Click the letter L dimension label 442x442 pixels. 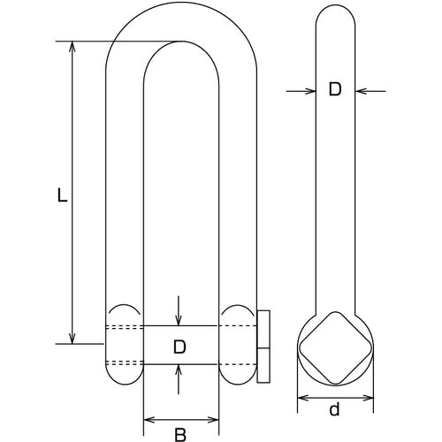pyautogui.click(x=62, y=195)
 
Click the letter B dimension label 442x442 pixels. pyautogui.click(x=180, y=435)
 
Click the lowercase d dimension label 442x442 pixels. pyautogui.click(x=334, y=409)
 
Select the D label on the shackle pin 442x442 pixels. pyautogui.click(x=179, y=347)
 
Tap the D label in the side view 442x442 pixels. pyautogui.click(x=335, y=89)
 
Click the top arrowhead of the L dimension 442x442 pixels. pyautogui.click(x=72, y=47)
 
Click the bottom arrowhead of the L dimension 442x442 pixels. pyautogui.click(x=72, y=339)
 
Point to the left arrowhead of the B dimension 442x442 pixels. pyautogui.click(x=149, y=420)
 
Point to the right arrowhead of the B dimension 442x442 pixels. pyautogui.click(x=213, y=420)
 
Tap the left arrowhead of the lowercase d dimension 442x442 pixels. pyautogui.click(x=303, y=399)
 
